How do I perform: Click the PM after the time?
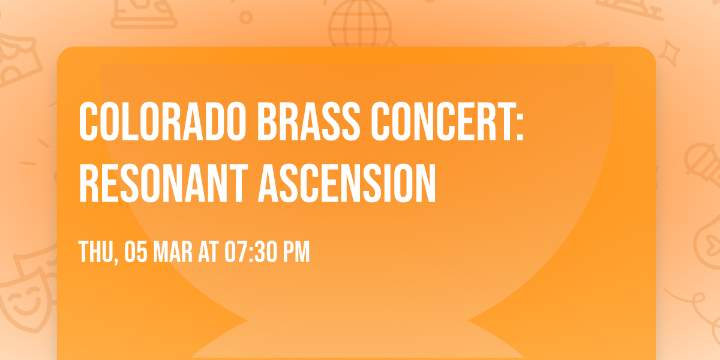(298, 253)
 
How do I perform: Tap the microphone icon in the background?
(699, 159)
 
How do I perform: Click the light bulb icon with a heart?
(708, 240)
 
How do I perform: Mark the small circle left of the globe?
(245, 17)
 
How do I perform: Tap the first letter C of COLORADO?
(88, 122)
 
